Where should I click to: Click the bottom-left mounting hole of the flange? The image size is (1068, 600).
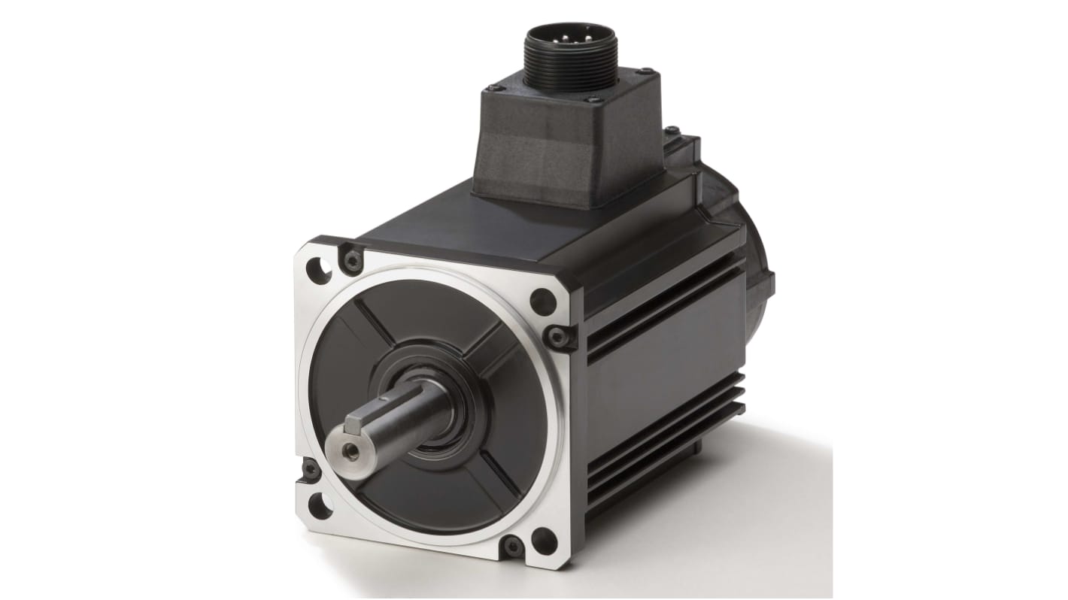pos(320,505)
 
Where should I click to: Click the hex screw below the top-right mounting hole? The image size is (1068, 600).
pos(557,336)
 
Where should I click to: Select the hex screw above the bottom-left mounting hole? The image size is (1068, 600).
pos(309,470)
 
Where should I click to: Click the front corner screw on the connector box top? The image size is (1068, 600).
pos(590,100)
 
